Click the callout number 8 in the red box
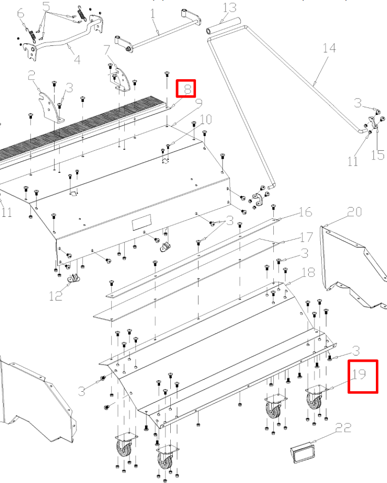[x=188, y=89]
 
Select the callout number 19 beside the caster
[x=359, y=374]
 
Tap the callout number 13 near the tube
[x=230, y=7]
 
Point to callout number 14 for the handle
[x=329, y=48]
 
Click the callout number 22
[x=343, y=427]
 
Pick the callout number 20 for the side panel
[x=354, y=212]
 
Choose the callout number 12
[x=56, y=296]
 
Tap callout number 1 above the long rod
[x=153, y=14]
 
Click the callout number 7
[x=107, y=50]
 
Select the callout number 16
[x=306, y=212]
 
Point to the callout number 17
[x=306, y=237]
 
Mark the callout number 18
[x=308, y=272]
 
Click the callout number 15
[x=378, y=155]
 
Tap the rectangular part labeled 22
[x=303, y=451]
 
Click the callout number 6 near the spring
[x=21, y=14]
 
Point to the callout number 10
[x=206, y=119]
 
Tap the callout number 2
[x=31, y=75]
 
